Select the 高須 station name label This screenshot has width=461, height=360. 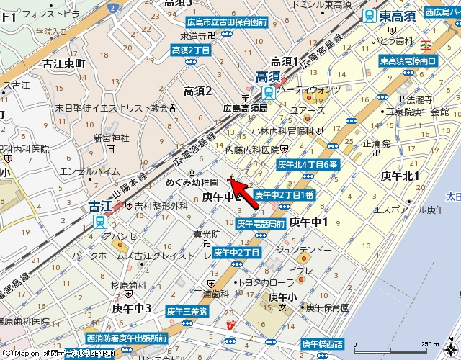tap(268, 76)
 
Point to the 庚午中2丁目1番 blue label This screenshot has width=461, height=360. tap(284, 194)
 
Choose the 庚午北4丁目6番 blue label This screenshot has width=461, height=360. tap(308, 164)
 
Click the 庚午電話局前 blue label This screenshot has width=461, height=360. tap(261, 223)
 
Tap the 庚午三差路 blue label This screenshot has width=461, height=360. tap(187, 311)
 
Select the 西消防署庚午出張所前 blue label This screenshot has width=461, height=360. tap(126, 338)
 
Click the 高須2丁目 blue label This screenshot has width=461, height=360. tap(191, 50)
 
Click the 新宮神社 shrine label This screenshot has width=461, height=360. tap(111, 138)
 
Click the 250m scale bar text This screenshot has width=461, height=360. tap(429, 343)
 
